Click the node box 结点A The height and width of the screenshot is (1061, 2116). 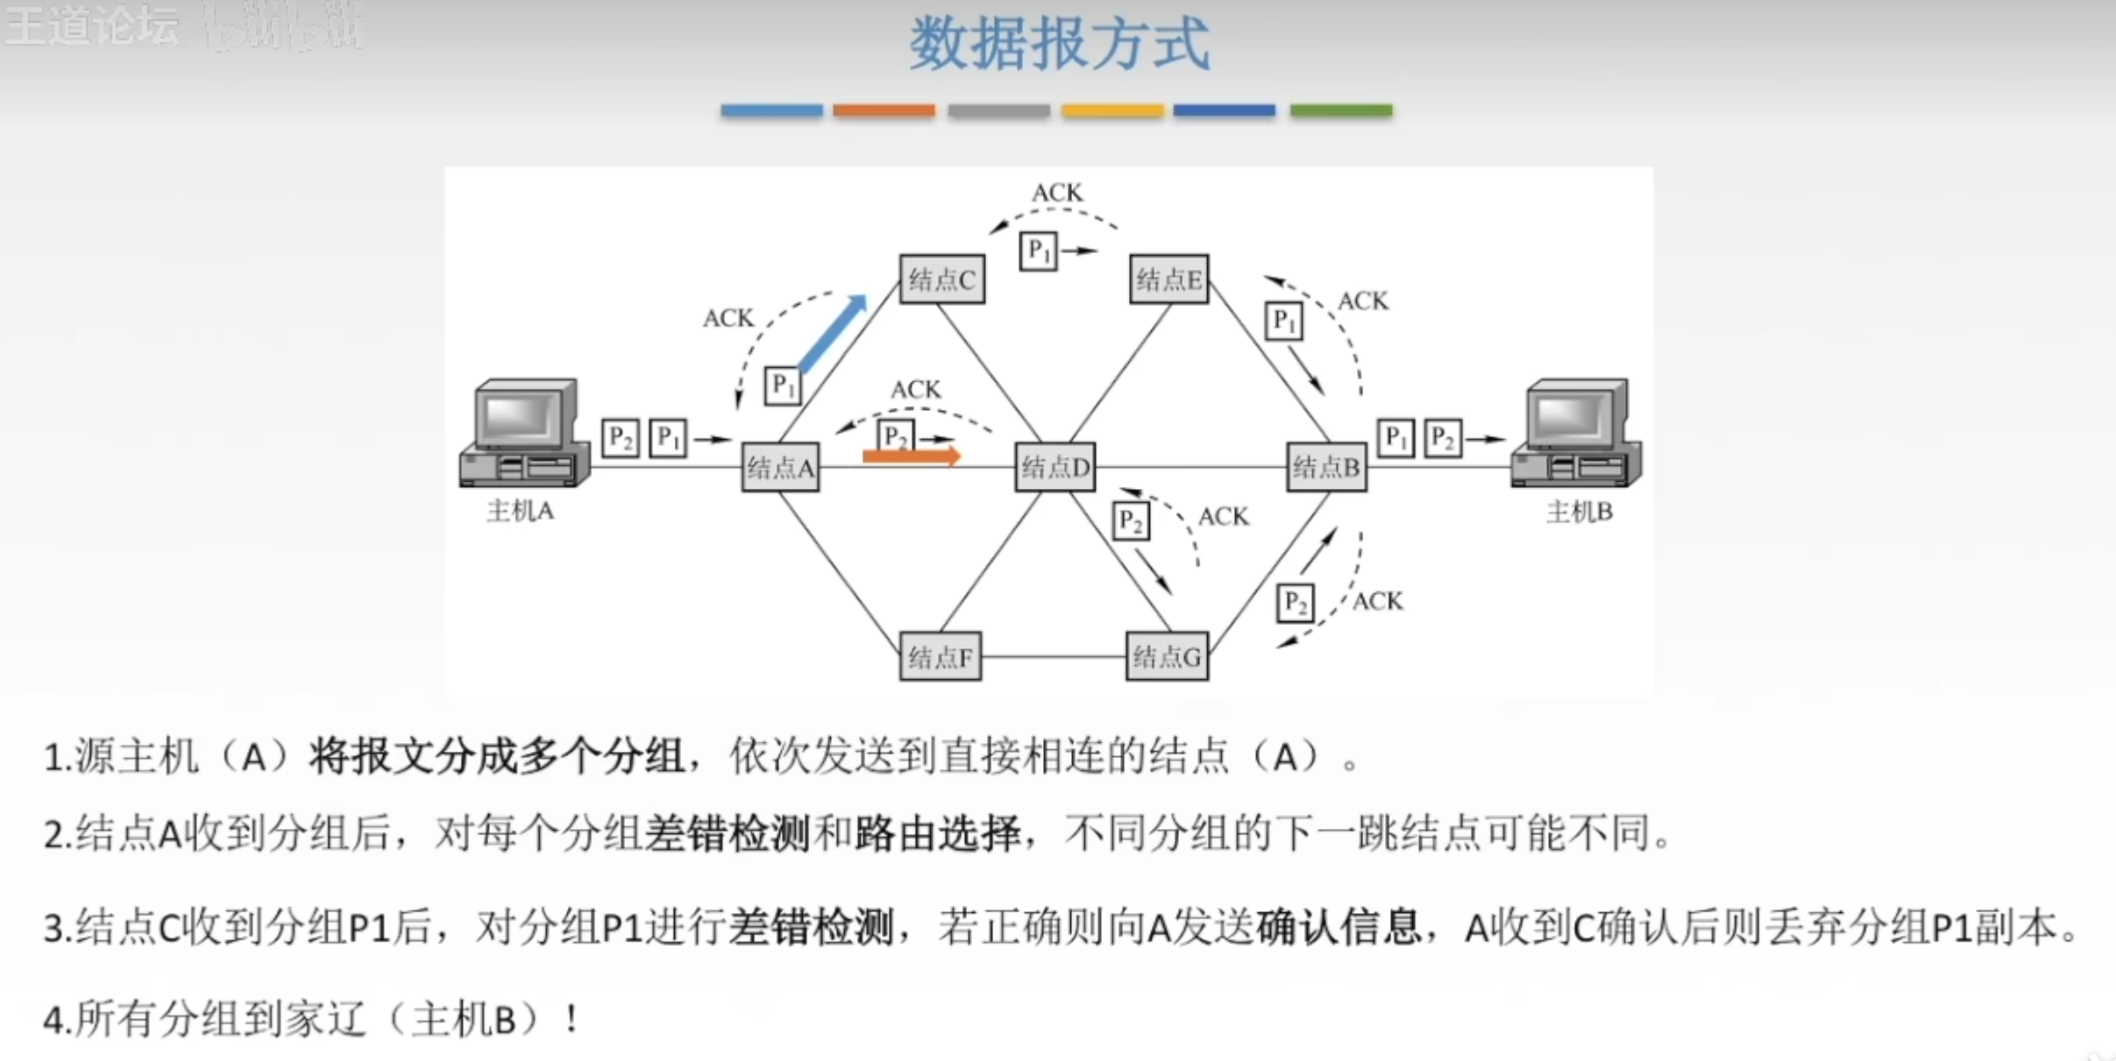[780, 467]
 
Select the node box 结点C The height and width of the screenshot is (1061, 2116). [941, 279]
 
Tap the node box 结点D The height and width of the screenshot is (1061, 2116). [1054, 467]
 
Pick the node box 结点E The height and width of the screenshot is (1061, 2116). [1168, 279]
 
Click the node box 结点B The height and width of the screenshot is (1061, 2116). [1326, 467]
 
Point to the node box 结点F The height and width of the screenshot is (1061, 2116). [940, 656]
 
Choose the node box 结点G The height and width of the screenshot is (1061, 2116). [1167, 656]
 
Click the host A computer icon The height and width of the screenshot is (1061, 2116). [524, 434]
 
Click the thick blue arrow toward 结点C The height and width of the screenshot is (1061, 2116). [833, 333]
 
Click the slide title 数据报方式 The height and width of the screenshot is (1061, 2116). [1059, 44]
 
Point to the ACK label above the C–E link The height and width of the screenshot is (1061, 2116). [1057, 193]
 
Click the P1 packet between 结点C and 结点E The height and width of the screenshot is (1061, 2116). [1038, 251]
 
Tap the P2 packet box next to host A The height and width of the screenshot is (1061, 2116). [620, 437]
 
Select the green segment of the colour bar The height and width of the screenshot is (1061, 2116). [1340, 110]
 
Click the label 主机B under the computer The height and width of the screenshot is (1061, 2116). [1579, 512]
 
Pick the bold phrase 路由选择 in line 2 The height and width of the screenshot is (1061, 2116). [938, 832]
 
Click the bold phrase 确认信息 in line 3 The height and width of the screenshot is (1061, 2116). [1338, 927]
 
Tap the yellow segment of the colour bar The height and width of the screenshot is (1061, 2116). [1111, 110]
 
